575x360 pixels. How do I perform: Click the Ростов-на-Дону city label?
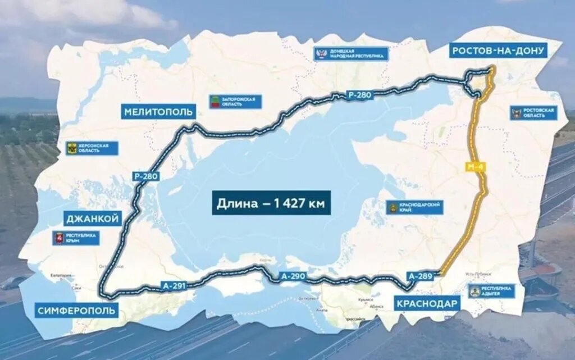pos(498,51)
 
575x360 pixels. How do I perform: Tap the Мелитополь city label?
pos(158,111)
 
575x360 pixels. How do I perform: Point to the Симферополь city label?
pos(76,310)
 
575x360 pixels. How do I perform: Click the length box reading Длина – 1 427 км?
pos(271,203)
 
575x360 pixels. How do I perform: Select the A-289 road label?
pos(421,276)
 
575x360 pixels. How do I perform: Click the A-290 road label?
pos(293,276)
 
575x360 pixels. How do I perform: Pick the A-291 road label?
pos(174,285)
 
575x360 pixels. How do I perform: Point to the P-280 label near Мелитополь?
pos(146,176)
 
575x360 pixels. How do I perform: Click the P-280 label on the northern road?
pos(359,94)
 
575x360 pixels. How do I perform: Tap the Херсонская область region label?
pos(92,148)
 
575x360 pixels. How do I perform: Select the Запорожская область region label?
pos(235,102)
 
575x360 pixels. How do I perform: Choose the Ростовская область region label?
pos(533,113)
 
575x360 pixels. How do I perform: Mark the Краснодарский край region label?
pos(415,207)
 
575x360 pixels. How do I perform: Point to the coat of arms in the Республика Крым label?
pos(58,238)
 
